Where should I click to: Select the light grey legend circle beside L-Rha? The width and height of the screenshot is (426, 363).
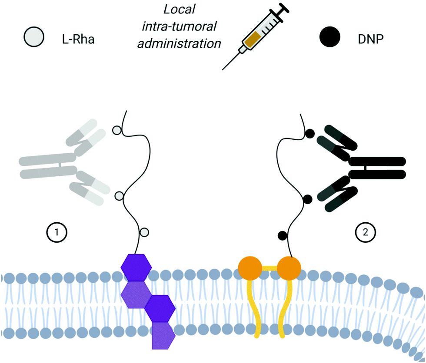coord(34,37)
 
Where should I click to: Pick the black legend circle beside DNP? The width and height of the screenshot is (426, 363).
coord(332,37)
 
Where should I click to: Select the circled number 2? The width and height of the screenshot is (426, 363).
coord(366,233)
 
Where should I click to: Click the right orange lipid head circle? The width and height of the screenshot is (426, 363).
coord(289,268)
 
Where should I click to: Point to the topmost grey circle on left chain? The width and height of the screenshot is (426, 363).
coord(116,130)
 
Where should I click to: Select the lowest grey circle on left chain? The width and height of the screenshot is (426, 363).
coord(145,231)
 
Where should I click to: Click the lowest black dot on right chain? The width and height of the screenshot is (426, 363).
coord(283,235)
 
